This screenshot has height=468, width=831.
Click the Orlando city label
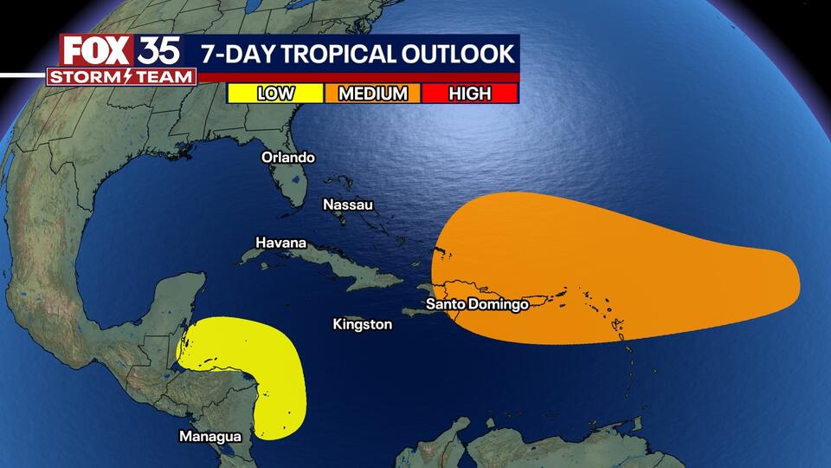[x=288, y=158]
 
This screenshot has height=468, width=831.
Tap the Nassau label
[x=347, y=205]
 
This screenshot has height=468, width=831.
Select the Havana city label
[x=280, y=243]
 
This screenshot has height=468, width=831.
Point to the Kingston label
[x=363, y=324]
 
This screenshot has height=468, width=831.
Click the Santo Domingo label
[x=476, y=304]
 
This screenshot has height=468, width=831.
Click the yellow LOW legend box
[x=275, y=94]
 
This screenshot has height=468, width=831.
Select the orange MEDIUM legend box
[x=372, y=94]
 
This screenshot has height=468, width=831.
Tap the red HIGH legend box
[x=470, y=94]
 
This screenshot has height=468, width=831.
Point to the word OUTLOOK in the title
[x=457, y=54]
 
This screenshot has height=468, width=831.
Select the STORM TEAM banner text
[x=120, y=76]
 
